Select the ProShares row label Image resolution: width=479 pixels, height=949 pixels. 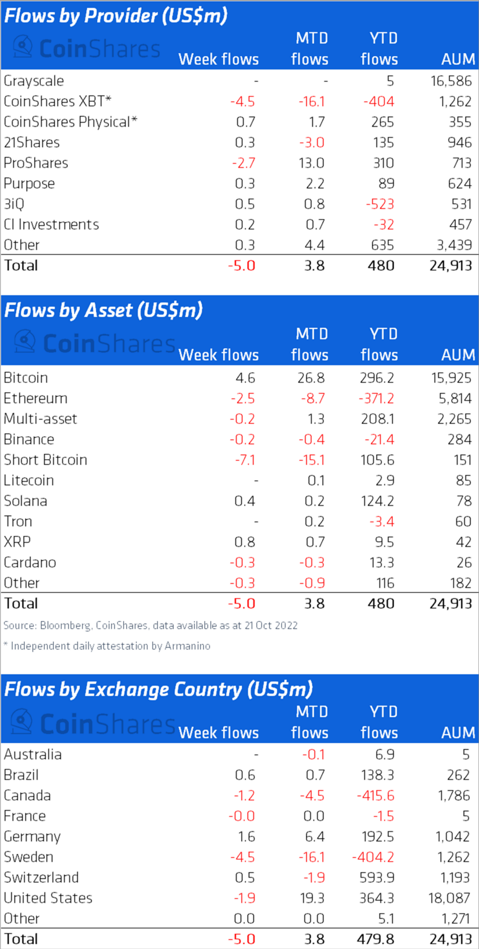coord(36,163)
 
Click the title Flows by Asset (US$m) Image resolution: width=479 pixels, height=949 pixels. coord(103,311)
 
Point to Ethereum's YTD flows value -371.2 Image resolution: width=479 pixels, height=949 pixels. coord(375,398)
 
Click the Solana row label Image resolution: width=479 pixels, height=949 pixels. coord(25,501)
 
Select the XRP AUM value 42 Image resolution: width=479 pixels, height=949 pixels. coord(463,542)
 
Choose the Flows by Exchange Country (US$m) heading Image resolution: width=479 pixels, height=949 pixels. coord(158,689)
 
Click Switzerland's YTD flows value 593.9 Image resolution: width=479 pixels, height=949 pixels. coord(377,877)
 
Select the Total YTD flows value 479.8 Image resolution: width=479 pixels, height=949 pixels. coord(375,939)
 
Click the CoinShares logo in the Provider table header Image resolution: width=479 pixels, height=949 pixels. coord(87,49)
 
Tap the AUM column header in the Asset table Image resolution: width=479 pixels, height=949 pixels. coord(458,355)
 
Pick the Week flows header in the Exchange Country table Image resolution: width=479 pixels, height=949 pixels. coord(218,733)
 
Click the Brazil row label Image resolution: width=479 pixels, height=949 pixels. coord(21,775)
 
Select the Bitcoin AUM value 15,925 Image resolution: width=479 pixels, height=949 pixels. coord(451,378)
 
